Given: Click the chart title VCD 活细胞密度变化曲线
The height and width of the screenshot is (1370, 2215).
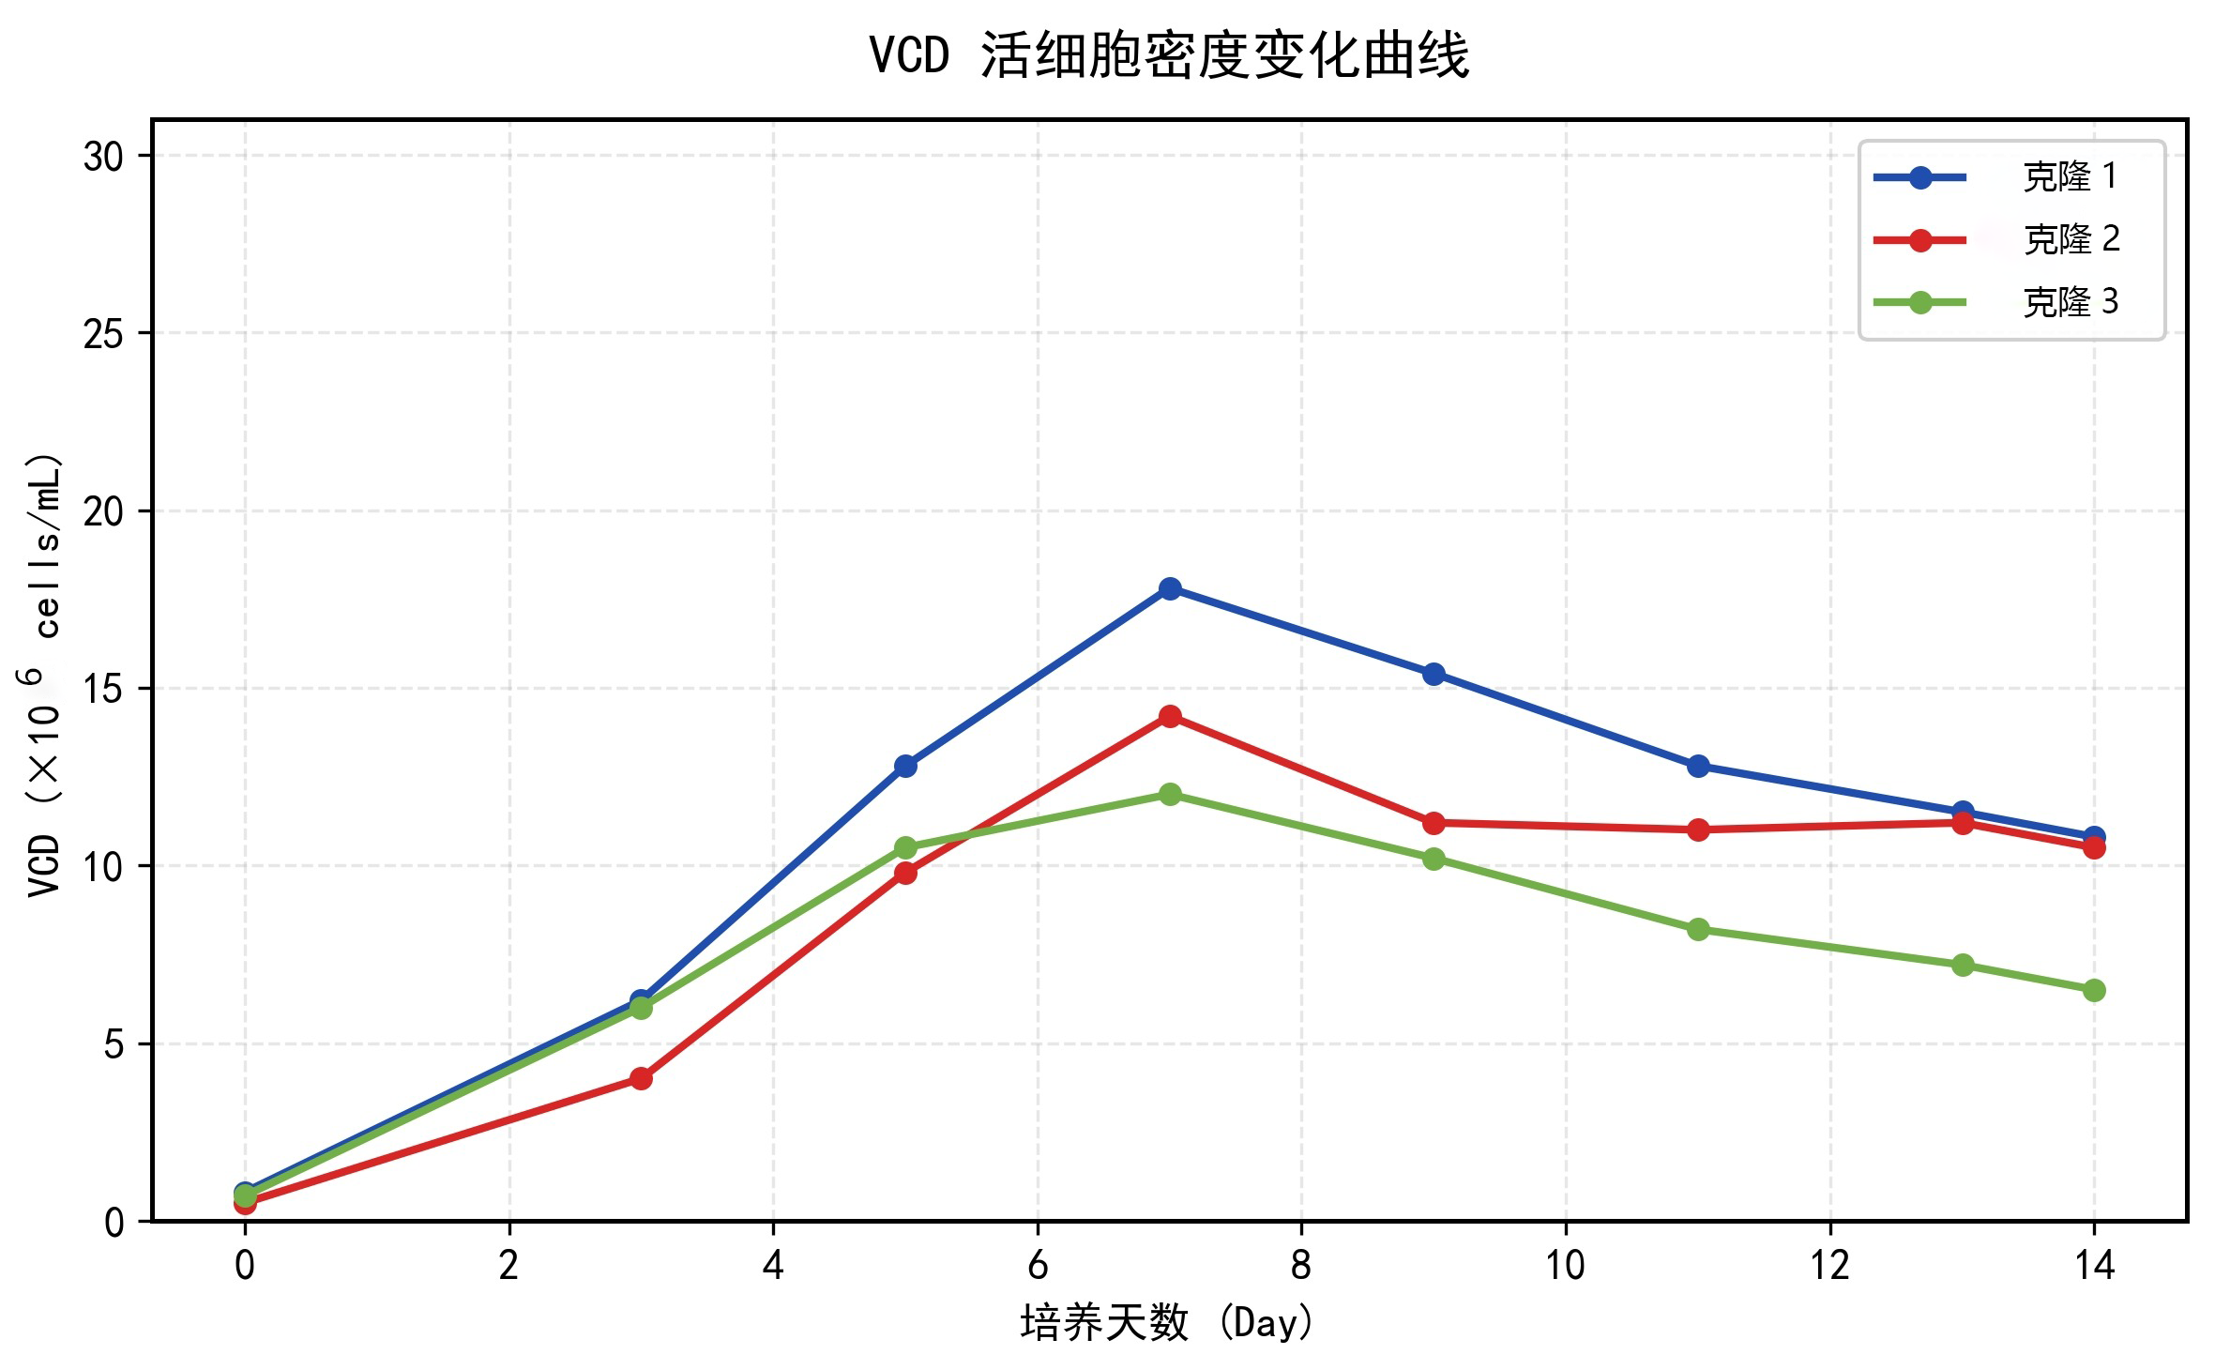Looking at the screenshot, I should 1169,56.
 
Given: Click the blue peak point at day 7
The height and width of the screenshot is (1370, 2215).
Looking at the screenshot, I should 1170,588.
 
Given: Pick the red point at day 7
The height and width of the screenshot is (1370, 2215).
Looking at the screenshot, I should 1170,717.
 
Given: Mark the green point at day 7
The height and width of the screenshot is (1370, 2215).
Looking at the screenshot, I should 1170,795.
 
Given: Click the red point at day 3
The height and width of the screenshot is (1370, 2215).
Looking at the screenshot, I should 641,1078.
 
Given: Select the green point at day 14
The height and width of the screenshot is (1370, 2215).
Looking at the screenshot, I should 2094,990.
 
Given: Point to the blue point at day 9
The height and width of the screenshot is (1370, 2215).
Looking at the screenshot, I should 1434,674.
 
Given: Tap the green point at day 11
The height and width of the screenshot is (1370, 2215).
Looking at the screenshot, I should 1698,930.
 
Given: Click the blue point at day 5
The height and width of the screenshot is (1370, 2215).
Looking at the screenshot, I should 905,766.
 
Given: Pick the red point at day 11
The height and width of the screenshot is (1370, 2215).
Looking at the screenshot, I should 1698,830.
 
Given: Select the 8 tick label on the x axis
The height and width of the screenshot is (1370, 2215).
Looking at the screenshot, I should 1301,1267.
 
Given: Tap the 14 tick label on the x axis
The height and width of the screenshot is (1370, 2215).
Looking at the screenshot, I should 2094,1267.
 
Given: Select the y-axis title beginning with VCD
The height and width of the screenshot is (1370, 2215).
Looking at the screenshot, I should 45,676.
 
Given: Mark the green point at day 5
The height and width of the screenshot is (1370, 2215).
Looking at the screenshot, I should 905,848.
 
